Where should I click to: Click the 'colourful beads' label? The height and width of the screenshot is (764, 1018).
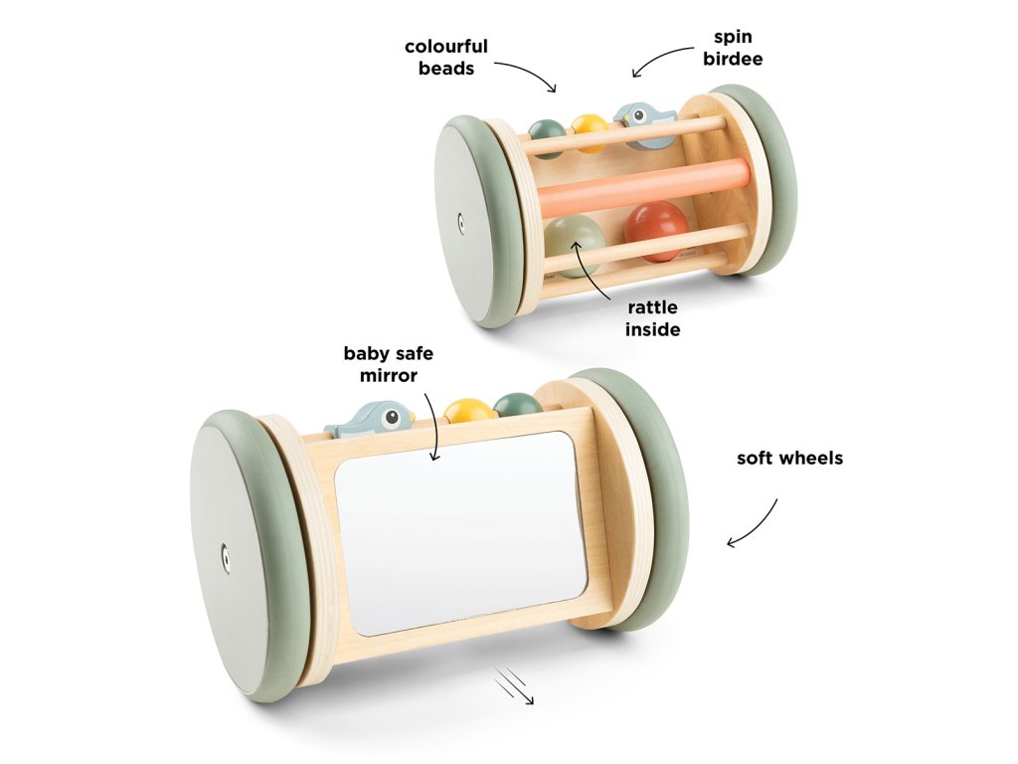(x=445, y=57)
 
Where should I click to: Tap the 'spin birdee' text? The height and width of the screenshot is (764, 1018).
(x=738, y=48)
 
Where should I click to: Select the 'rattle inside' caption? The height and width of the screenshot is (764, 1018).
(x=652, y=317)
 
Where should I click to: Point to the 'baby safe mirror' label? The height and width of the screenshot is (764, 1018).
(x=389, y=364)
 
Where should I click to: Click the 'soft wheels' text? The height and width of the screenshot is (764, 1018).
(x=789, y=459)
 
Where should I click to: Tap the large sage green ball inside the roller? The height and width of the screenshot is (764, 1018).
(x=575, y=241)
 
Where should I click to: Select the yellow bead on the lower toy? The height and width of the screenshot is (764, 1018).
(x=468, y=410)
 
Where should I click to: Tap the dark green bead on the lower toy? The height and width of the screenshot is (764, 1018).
(x=517, y=404)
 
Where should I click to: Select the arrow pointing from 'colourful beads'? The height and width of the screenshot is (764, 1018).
(x=526, y=74)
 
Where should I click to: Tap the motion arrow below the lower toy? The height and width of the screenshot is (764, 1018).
(x=516, y=686)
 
